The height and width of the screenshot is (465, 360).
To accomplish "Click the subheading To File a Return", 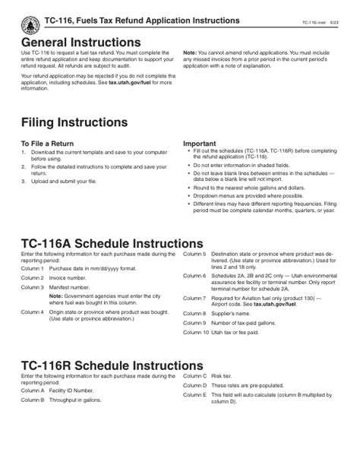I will tap(46, 144).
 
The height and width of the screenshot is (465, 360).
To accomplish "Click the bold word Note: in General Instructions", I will tap(190, 53).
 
